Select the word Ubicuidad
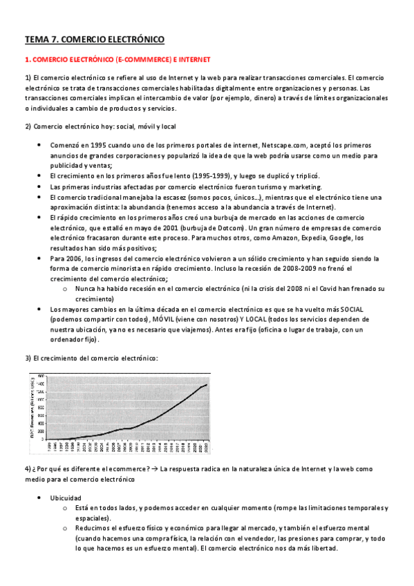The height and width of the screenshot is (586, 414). (x=66, y=498)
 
